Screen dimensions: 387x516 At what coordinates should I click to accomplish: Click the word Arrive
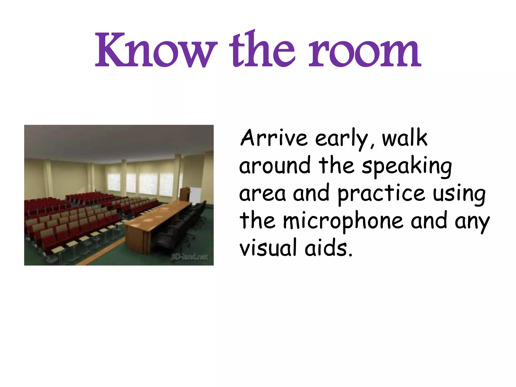coord(274,138)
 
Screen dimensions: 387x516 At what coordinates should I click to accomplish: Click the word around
coord(275,166)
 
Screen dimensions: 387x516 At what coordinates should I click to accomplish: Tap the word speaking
coord(407,167)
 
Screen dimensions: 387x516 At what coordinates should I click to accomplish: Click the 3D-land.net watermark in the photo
coord(189,257)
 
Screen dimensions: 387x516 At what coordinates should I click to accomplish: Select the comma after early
coord(372,146)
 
